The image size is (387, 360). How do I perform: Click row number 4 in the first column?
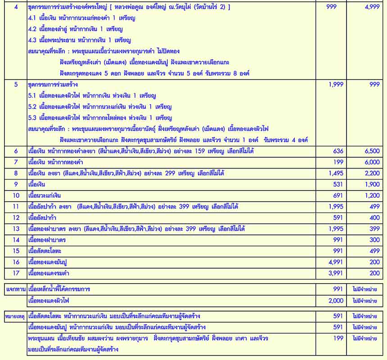(16, 8)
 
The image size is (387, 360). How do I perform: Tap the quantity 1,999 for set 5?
(335, 84)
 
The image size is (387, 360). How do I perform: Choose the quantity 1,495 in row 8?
(335, 173)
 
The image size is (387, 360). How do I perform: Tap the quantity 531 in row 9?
(337, 184)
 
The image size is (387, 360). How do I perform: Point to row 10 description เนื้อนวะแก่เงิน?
(45, 196)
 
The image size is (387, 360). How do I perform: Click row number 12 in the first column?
(16, 218)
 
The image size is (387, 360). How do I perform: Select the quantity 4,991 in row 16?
(335, 262)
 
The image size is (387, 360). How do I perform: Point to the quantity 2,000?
(335, 300)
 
